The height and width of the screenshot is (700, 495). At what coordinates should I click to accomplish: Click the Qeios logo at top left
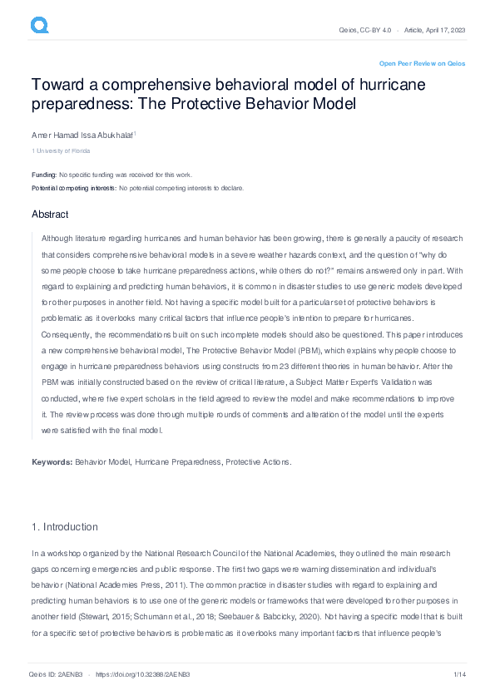tap(39, 26)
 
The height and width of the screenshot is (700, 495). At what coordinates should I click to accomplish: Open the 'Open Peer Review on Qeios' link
tap(422, 63)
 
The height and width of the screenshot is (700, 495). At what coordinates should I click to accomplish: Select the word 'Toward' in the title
tap(59, 86)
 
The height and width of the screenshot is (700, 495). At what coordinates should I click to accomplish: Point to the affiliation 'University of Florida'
tap(62, 150)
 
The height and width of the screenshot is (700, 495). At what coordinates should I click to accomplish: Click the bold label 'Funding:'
tap(44, 175)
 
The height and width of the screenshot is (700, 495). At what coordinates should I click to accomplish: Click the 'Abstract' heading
tap(50, 214)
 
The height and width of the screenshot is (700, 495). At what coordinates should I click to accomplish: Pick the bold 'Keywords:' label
tap(52, 461)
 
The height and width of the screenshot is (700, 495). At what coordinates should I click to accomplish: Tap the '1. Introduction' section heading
tap(64, 527)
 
